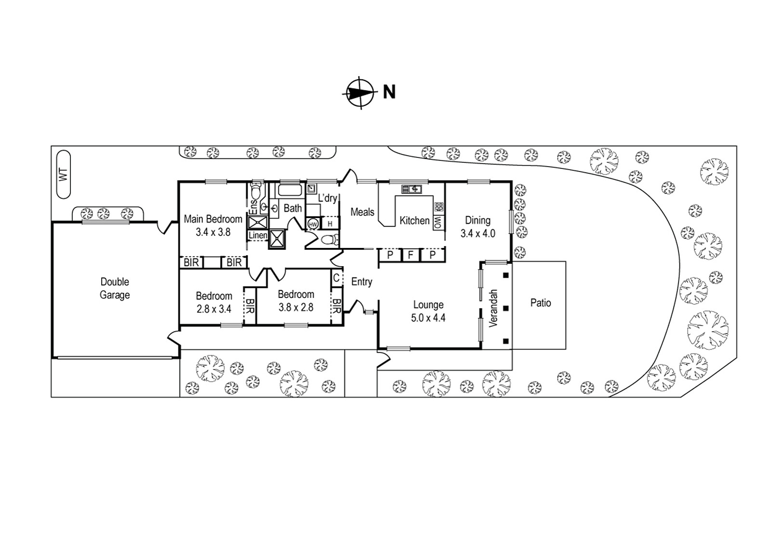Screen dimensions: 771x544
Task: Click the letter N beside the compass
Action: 389,92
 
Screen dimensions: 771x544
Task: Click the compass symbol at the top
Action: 360,93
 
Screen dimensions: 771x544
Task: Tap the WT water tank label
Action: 63,174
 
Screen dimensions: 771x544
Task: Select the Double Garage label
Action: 115,288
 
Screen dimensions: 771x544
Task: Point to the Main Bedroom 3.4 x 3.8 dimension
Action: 213,232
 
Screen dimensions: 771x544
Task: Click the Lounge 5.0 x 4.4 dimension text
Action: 428,318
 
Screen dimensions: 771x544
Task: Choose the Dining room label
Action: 478,220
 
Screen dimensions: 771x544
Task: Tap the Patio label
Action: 540,303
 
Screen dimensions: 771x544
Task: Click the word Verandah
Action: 493,309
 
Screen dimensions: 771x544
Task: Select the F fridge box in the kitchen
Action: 411,255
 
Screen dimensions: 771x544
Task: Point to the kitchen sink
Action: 412,189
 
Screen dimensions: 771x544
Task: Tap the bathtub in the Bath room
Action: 290,190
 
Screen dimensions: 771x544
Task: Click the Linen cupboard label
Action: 258,235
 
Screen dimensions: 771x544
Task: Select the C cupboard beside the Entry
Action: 336,277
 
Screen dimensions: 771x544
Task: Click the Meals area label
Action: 362,212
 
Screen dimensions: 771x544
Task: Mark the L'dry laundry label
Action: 327,198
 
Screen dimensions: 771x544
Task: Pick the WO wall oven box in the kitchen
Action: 438,222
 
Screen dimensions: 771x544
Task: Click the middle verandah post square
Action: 505,308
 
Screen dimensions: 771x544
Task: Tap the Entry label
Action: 361,282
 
